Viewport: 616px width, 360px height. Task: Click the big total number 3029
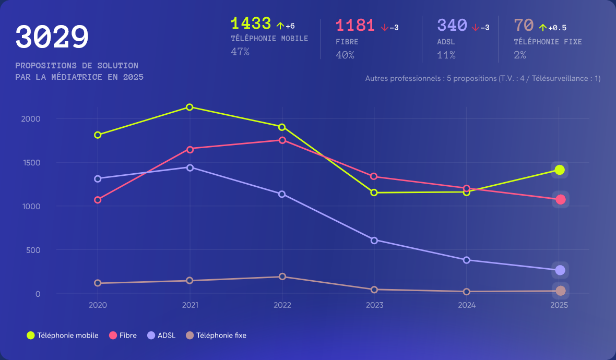[52, 38]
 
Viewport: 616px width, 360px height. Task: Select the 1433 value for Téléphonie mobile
[251, 23]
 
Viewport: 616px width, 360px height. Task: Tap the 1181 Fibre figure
[355, 25]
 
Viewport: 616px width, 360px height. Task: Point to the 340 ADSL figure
[452, 25]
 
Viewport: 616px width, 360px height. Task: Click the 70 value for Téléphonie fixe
[524, 25]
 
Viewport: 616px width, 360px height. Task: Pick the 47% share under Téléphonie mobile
[240, 52]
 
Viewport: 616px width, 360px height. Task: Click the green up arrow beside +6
[280, 26]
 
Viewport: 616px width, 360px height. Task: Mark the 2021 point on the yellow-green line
[189, 107]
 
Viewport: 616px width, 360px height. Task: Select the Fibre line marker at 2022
[282, 140]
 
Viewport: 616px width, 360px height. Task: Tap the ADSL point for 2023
[374, 240]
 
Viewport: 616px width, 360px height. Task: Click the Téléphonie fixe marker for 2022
[282, 277]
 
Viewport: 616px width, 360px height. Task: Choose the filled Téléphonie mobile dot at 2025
[560, 170]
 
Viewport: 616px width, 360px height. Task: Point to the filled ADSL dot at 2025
[560, 270]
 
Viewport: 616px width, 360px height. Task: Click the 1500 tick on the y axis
[31, 163]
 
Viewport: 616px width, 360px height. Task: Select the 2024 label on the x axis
[467, 305]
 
